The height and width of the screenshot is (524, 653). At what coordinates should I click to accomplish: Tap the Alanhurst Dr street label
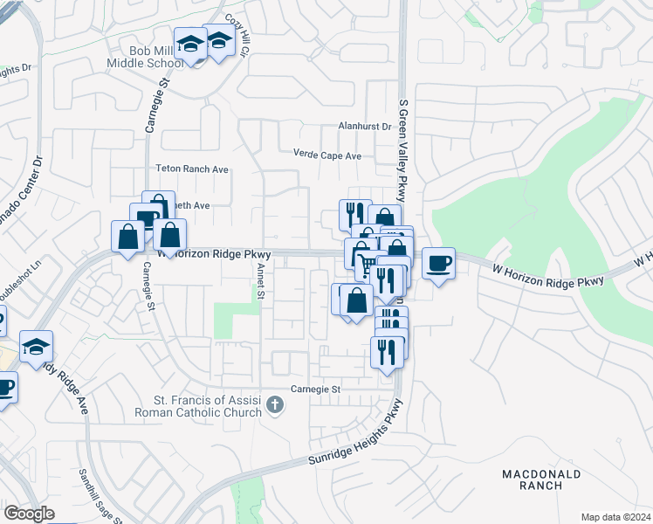click(365, 127)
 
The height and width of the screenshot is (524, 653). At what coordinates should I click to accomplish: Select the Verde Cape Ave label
click(327, 155)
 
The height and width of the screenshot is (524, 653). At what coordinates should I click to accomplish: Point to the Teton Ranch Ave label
click(191, 169)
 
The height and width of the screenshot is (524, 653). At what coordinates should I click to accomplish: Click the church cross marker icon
click(276, 404)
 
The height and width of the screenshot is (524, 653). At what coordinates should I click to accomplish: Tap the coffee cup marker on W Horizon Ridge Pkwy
click(439, 263)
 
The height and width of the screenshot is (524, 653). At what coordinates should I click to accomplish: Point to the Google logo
click(29, 514)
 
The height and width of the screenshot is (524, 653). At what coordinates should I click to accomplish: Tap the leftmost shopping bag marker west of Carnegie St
click(127, 236)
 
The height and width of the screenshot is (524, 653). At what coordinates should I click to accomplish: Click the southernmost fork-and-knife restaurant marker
click(387, 351)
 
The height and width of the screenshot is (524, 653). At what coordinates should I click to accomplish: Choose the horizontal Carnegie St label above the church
click(316, 389)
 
